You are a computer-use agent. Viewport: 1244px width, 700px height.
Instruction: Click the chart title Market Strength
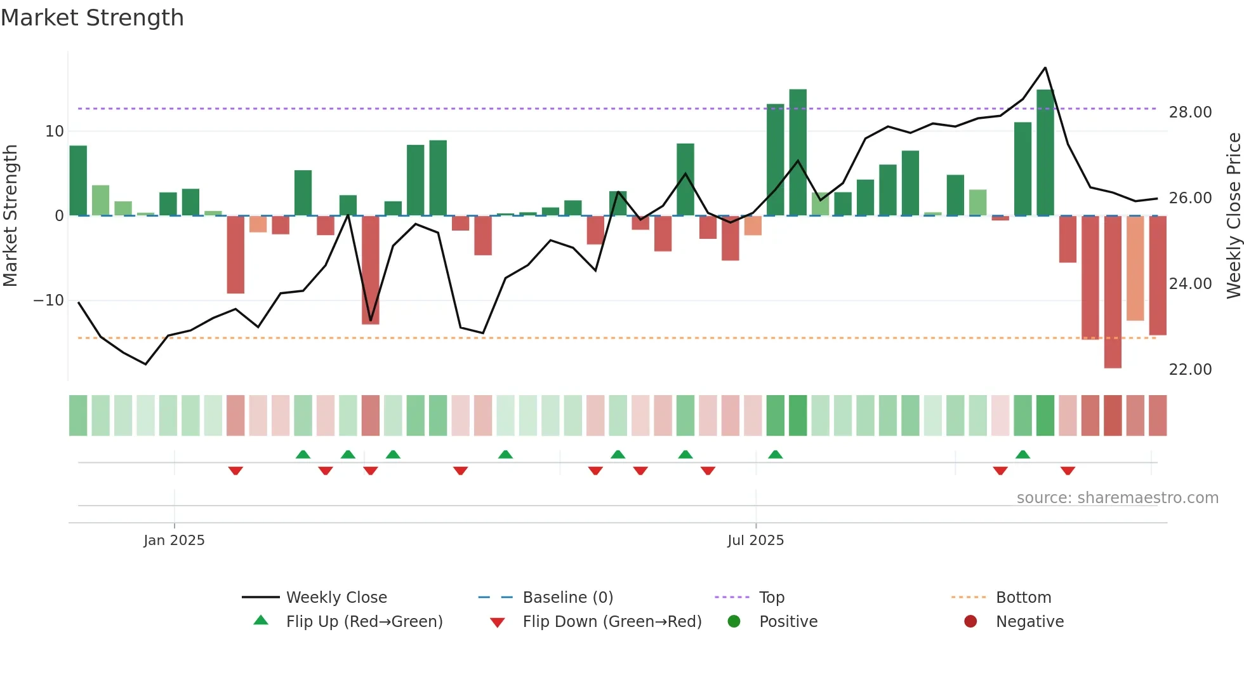pos(92,18)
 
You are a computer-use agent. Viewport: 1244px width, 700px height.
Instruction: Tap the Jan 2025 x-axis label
pos(174,541)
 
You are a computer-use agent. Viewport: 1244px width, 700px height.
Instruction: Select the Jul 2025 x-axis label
pos(755,541)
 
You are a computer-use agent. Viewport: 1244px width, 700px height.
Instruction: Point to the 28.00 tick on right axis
pos(1190,112)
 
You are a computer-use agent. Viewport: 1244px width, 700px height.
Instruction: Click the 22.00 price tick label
pos(1190,370)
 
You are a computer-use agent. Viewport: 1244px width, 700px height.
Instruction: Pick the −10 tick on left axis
pos(49,300)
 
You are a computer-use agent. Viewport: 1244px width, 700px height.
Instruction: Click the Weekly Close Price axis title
pos(1233,215)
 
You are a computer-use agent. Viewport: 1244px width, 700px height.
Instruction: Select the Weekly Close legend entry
pos(336,598)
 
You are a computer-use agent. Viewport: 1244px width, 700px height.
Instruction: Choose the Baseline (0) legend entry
pos(567,598)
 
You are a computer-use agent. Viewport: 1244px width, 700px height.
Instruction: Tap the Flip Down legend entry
pos(612,622)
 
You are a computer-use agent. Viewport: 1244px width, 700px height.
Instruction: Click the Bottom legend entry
pos(1023,598)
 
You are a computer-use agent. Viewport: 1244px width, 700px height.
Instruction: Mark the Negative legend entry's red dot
pos(970,622)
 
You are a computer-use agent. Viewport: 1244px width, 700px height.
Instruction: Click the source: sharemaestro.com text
pos(1117,498)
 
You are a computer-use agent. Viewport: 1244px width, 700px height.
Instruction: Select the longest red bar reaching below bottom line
pos(1113,292)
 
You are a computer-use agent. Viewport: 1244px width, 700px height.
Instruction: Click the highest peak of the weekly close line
pos(1045,68)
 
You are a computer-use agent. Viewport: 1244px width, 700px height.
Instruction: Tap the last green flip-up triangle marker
pos(1022,455)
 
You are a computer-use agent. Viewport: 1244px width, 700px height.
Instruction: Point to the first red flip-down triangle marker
pos(235,471)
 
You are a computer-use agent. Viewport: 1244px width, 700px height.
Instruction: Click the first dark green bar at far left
pos(78,181)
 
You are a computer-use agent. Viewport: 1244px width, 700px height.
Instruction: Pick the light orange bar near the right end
pos(1135,268)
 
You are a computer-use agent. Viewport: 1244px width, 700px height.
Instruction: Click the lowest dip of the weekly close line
pos(145,364)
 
